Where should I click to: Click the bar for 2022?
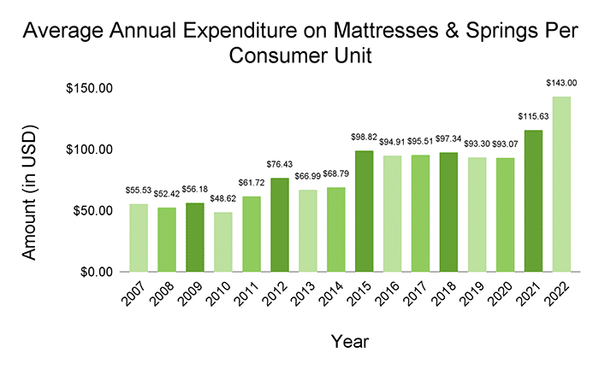[x=560, y=184]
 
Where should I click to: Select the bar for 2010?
[x=222, y=242]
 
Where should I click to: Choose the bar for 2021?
[x=531, y=201]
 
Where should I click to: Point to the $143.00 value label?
[x=560, y=83]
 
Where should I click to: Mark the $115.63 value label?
[x=531, y=116]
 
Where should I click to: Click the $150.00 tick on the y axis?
[x=89, y=89]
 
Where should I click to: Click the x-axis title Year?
[x=349, y=342]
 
